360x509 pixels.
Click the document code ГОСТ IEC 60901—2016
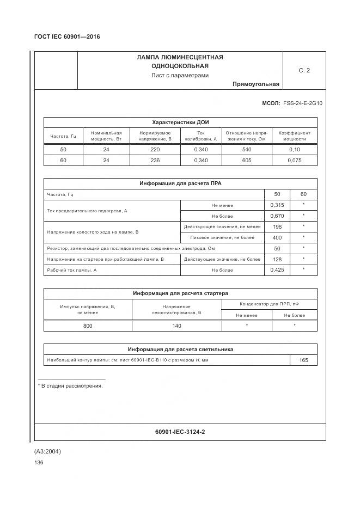(67, 37)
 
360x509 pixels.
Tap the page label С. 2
(304, 70)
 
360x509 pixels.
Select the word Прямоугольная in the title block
(255, 84)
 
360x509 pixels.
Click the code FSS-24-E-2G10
(303, 102)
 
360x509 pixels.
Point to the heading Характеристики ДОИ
(180, 122)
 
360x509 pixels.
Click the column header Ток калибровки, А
(200, 136)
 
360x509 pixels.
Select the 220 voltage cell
(155, 150)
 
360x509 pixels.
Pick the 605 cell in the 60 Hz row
(246, 161)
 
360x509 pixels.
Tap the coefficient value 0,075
(295, 161)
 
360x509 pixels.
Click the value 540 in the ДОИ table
(246, 150)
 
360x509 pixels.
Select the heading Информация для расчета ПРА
(180, 183)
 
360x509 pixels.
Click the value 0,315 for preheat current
(277, 205)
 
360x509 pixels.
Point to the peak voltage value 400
(277, 237)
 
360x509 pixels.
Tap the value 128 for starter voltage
(277, 259)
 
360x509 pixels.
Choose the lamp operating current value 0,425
(277, 270)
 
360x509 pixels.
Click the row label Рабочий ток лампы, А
(72, 270)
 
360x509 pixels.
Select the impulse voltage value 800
(88, 326)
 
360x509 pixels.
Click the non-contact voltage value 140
(176, 326)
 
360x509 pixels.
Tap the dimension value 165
(303, 360)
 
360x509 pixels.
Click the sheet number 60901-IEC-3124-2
(180, 432)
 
